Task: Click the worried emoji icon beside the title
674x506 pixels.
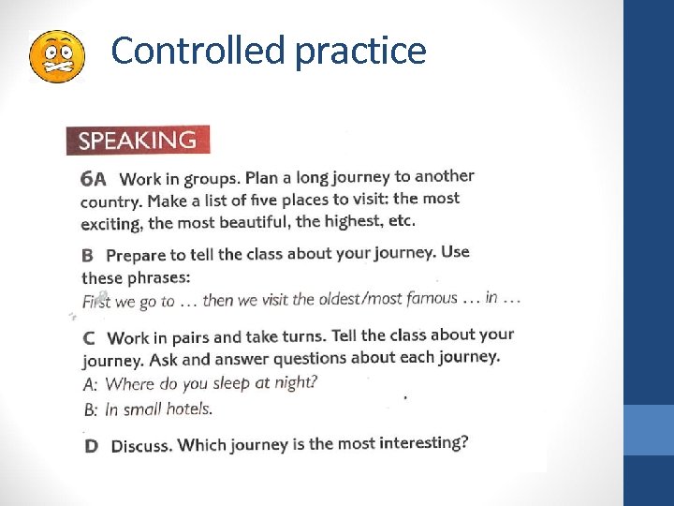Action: point(57,55)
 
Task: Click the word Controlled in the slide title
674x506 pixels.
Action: point(198,52)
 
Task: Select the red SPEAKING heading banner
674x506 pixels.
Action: point(139,141)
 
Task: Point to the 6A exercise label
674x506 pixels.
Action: point(94,178)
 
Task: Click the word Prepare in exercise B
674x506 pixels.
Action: point(132,255)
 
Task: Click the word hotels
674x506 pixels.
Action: point(189,409)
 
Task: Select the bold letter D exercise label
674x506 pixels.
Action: point(91,446)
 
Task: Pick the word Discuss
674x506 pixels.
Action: point(141,446)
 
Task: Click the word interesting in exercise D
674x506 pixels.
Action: point(422,442)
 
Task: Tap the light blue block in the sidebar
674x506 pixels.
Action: point(648,429)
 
